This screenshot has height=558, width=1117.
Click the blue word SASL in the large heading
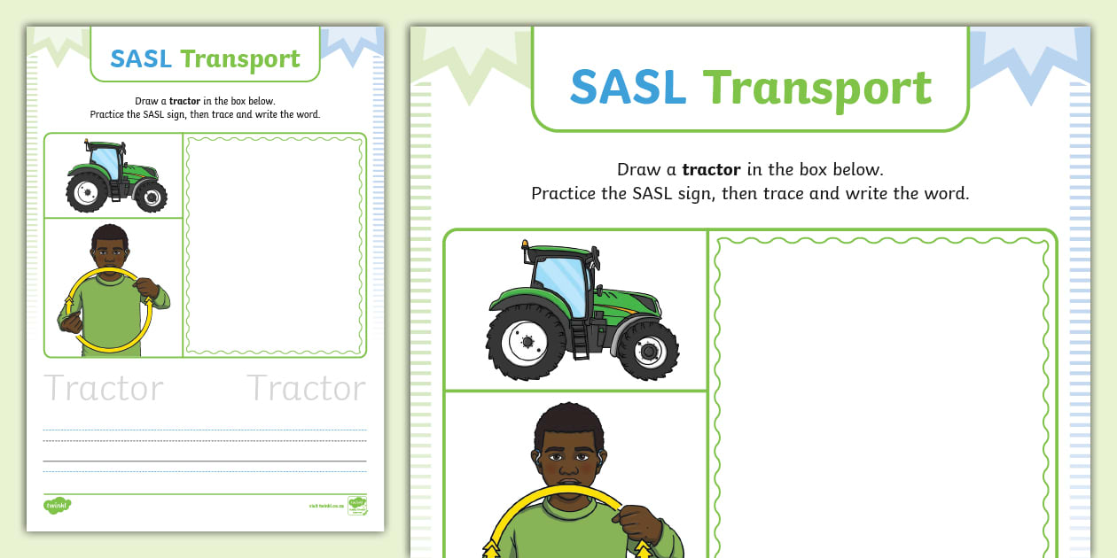tap(628, 88)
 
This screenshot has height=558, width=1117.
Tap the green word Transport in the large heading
tap(816, 89)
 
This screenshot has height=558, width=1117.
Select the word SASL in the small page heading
tap(141, 59)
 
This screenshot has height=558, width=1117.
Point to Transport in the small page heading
tap(240, 60)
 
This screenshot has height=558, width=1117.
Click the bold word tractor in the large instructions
tap(711, 169)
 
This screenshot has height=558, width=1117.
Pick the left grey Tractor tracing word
tap(104, 388)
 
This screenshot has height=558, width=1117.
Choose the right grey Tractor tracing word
tap(306, 388)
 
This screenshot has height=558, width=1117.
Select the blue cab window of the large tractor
tap(560, 283)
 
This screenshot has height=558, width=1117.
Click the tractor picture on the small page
tap(113, 174)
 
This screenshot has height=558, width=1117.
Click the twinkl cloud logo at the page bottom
tap(57, 505)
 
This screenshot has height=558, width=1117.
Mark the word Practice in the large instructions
tap(564, 193)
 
